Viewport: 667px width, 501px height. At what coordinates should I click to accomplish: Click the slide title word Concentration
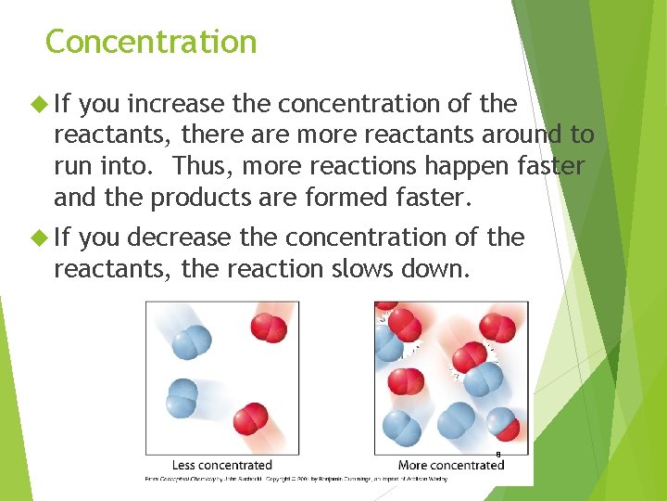tap(151, 42)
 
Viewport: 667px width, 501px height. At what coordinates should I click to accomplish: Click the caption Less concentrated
tap(221, 465)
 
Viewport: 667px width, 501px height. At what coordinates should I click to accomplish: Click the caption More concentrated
tap(450, 465)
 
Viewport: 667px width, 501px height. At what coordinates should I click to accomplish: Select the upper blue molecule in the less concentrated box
tap(191, 340)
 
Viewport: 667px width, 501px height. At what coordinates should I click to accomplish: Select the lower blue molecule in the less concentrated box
tap(182, 398)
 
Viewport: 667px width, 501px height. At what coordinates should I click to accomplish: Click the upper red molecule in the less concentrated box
tap(270, 328)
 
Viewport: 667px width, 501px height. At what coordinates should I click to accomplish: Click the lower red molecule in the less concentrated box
tap(250, 420)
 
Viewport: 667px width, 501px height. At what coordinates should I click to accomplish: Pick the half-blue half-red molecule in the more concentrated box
tap(503, 426)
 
